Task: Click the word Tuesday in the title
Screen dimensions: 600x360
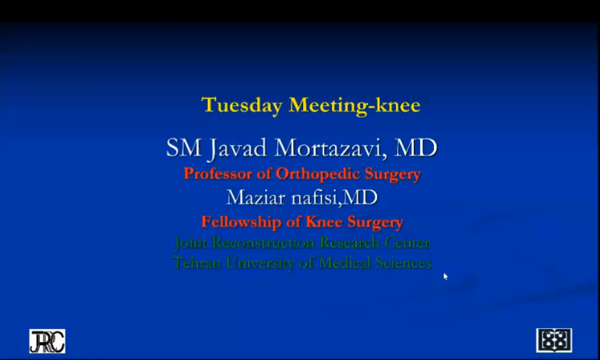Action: click(x=242, y=105)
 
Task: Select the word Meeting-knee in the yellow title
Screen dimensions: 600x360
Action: click(x=355, y=105)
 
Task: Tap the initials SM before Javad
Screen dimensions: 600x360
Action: click(x=184, y=148)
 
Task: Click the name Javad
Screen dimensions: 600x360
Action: click(x=238, y=148)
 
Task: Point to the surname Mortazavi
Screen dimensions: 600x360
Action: click(x=329, y=148)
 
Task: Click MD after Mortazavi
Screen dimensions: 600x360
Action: click(x=416, y=148)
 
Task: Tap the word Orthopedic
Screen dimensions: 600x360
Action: click(x=318, y=175)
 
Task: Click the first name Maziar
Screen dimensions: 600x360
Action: click(x=256, y=198)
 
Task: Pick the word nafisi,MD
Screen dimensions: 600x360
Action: click(x=335, y=198)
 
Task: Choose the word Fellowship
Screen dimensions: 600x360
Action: click(x=242, y=222)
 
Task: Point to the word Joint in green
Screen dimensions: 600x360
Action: click(x=190, y=243)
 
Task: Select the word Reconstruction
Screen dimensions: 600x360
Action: click(x=263, y=242)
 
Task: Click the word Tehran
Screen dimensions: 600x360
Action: click(x=196, y=263)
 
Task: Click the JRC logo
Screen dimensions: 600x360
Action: click(x=48, y=341)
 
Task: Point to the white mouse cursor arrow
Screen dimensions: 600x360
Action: click(x=446, y=276)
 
